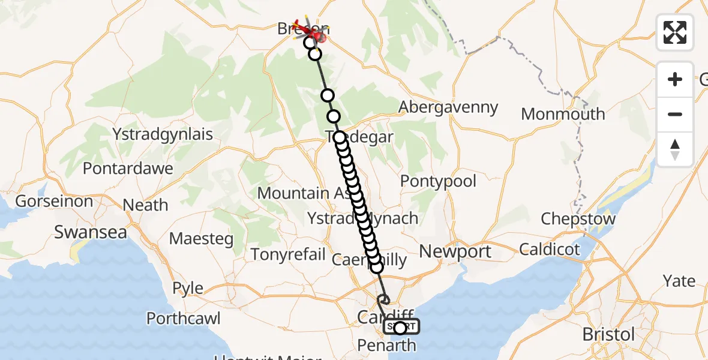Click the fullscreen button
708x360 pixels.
[x=675, y=32]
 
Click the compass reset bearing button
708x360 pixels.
[x=675, y=149]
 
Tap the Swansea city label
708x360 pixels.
[x=91, y=232]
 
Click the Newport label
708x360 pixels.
[x=455, y=251]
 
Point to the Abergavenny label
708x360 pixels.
[x=449, y=107]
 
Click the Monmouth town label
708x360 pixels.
[x=563, y=114]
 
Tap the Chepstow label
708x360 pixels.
[x=578, y=219]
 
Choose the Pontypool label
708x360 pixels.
[x=438, y=181]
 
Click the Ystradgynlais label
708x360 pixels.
[x=163, y=134]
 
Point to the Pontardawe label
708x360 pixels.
[x=128, y=169]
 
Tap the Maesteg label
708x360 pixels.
[x=201, y=238]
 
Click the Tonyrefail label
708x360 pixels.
[x=289, y=254]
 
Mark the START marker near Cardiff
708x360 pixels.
[x=401, y=327]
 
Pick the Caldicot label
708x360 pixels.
[x=550, y=249]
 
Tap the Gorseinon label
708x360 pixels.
[x=55, y=201]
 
